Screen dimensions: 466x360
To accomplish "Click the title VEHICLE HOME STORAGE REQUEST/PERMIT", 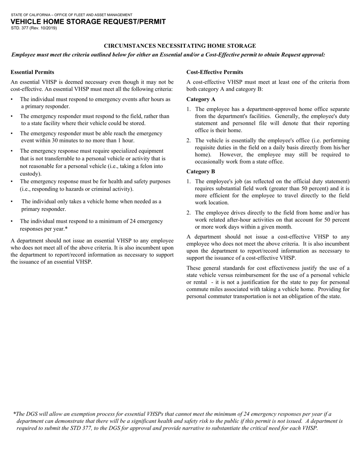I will pos(88,22).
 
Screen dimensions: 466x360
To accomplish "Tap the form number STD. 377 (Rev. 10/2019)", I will pos(34,28).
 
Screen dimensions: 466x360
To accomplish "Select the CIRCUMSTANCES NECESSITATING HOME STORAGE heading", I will pos(180,46).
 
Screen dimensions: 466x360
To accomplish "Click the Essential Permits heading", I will pos(32,72).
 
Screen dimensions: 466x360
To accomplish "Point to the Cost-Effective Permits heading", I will pos(214,72).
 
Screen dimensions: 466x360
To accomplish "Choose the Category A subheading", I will pos(200,99).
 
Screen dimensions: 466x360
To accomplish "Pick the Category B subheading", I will pos(200,171).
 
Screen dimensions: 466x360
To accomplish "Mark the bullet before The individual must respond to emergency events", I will pos(12,99).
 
